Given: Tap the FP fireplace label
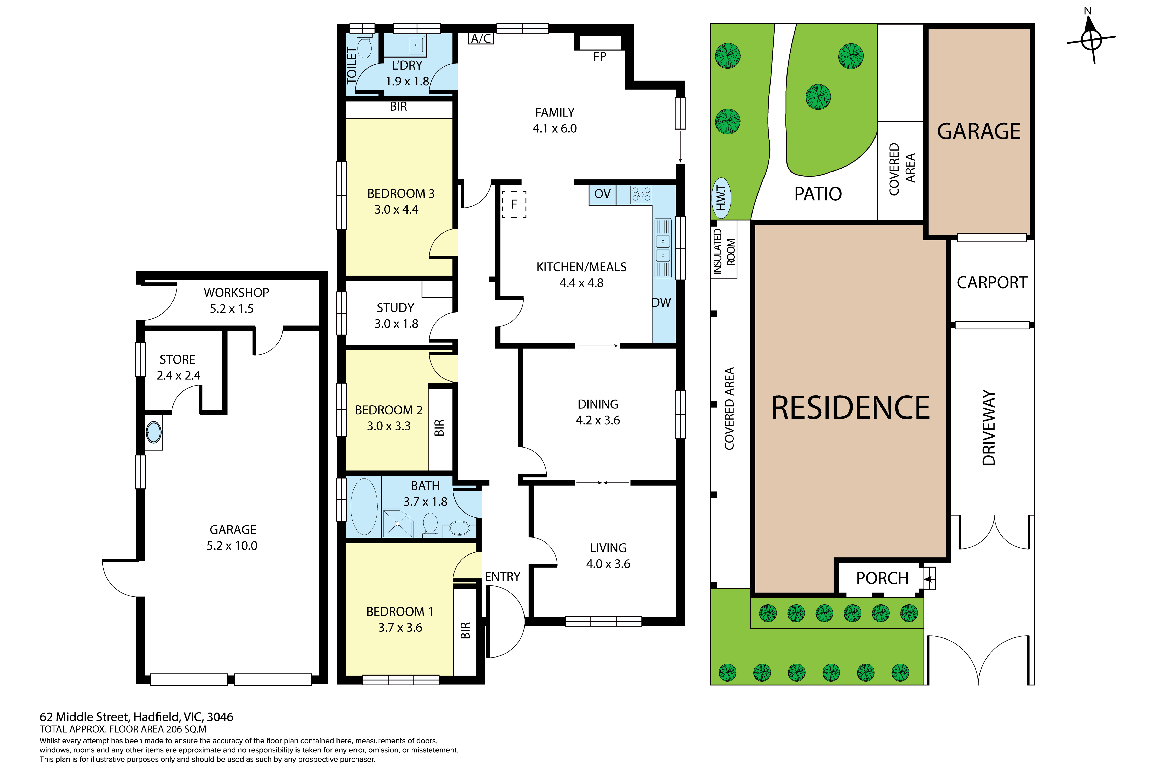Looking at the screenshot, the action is pyautogui.click(x=599, y=57).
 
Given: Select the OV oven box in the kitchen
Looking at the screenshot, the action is pyautogui.click(x=602, y=194).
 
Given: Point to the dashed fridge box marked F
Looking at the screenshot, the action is pyautogui.click(x=514, y=204).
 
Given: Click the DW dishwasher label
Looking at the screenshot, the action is pyautogui.click(x=661, y=303).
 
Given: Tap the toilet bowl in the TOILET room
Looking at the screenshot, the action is pyautogui.click(x=364, y=47).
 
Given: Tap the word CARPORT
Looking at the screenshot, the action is pyautogui.click(x=992, y=283).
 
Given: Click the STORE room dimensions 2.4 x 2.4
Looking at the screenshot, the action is pyautogui.click(x=178, y=376).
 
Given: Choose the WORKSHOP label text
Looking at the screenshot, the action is pyautogui.click(x=236, y=293).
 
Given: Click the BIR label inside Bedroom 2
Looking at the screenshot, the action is pyautogui.click(x=439, y=428).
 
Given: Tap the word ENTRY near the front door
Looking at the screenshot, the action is pyautogui.click(x=503, y=577).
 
